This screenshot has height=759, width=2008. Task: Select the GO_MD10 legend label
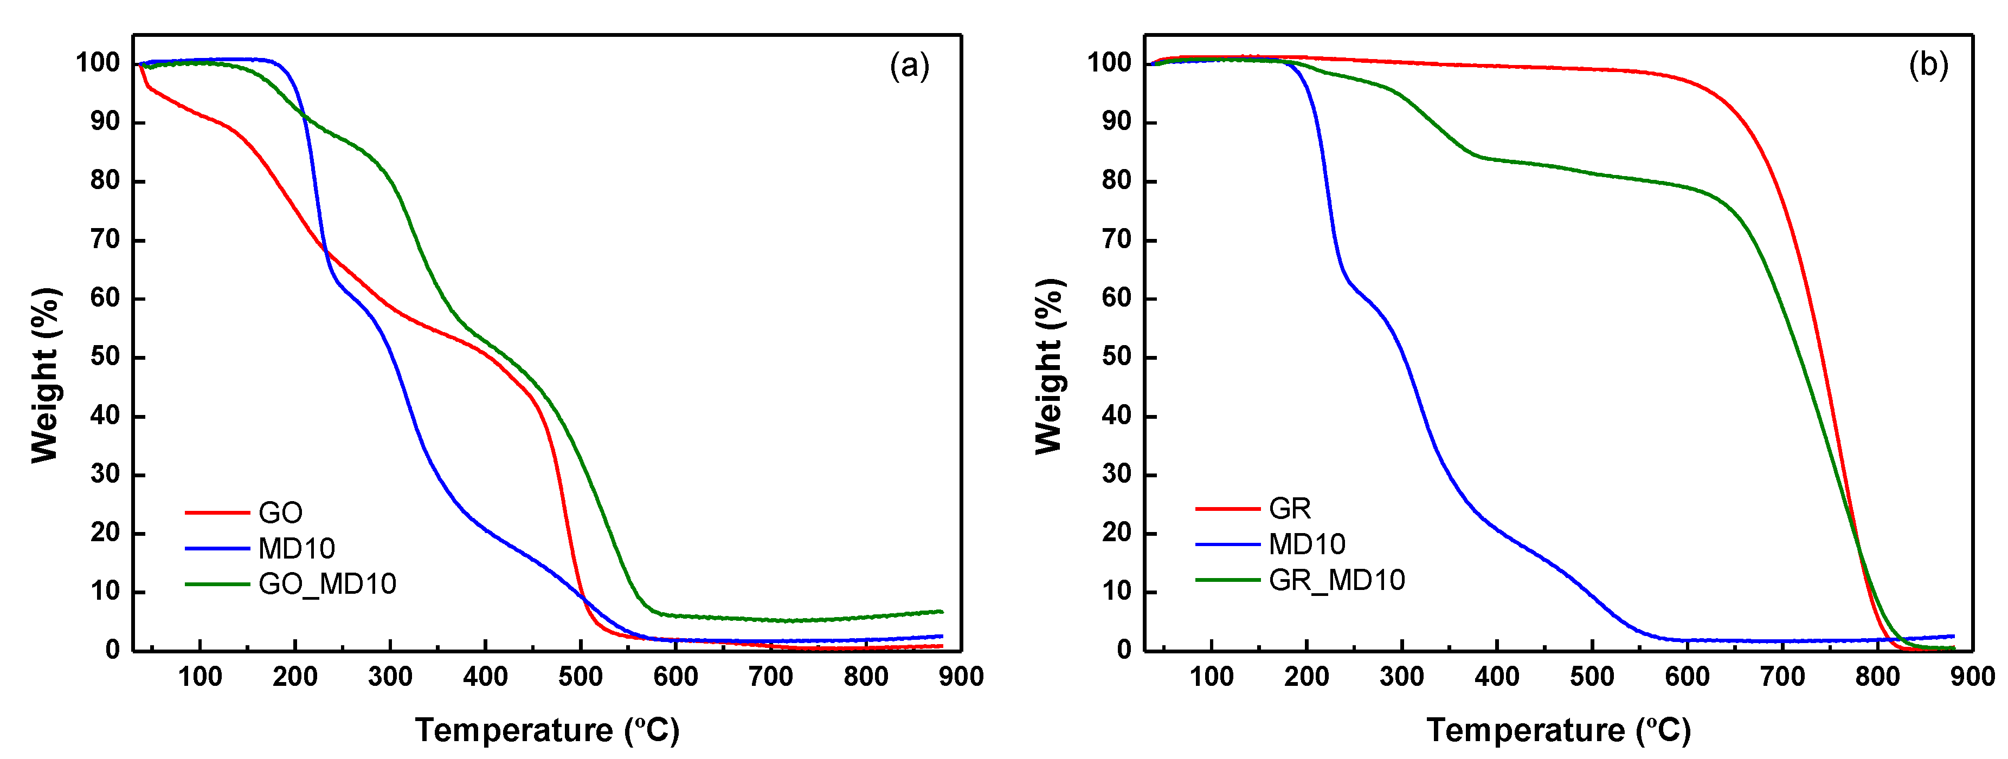327,583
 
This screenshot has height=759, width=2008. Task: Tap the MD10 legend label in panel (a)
296,549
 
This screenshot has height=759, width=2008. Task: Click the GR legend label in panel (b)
1290,509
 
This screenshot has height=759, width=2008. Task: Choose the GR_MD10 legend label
1337,580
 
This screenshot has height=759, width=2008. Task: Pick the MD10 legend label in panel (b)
1307,544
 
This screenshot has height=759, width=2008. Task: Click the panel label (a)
909,66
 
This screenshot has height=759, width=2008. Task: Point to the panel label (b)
1928,64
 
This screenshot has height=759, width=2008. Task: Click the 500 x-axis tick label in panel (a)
580,677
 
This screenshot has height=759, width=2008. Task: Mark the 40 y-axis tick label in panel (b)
1117,416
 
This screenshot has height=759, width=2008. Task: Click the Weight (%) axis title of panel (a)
45,375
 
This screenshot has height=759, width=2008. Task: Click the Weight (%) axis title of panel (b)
1049,366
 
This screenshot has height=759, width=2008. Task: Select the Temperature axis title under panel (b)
1558,730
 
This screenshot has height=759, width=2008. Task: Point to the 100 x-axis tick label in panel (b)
1211,677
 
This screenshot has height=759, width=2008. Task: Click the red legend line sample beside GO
217,513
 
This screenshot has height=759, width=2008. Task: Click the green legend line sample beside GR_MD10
1228,580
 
